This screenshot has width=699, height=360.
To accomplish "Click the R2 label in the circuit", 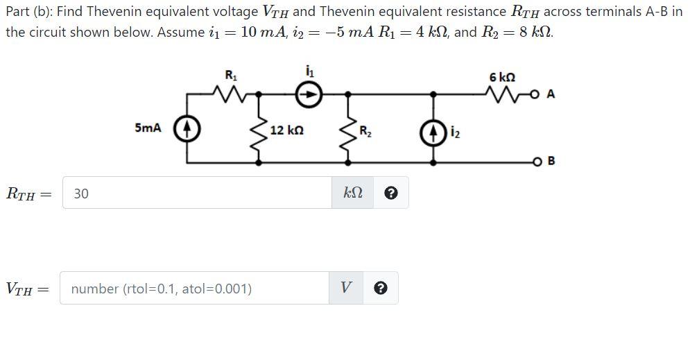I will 365,130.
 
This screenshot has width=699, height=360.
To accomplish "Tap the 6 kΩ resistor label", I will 501,76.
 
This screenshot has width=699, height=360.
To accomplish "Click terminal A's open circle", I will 536,94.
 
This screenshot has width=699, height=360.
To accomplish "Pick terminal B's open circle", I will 536,162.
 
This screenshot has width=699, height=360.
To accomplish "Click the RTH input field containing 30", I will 198,194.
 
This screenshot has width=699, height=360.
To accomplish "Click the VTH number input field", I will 194,289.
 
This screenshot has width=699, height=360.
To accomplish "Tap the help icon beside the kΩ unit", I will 390,194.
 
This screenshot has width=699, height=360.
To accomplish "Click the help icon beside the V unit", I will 380,289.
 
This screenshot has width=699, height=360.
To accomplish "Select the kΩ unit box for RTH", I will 353,194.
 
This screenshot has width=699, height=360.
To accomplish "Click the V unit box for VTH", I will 345,289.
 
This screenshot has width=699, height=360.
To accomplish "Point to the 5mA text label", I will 148,128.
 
